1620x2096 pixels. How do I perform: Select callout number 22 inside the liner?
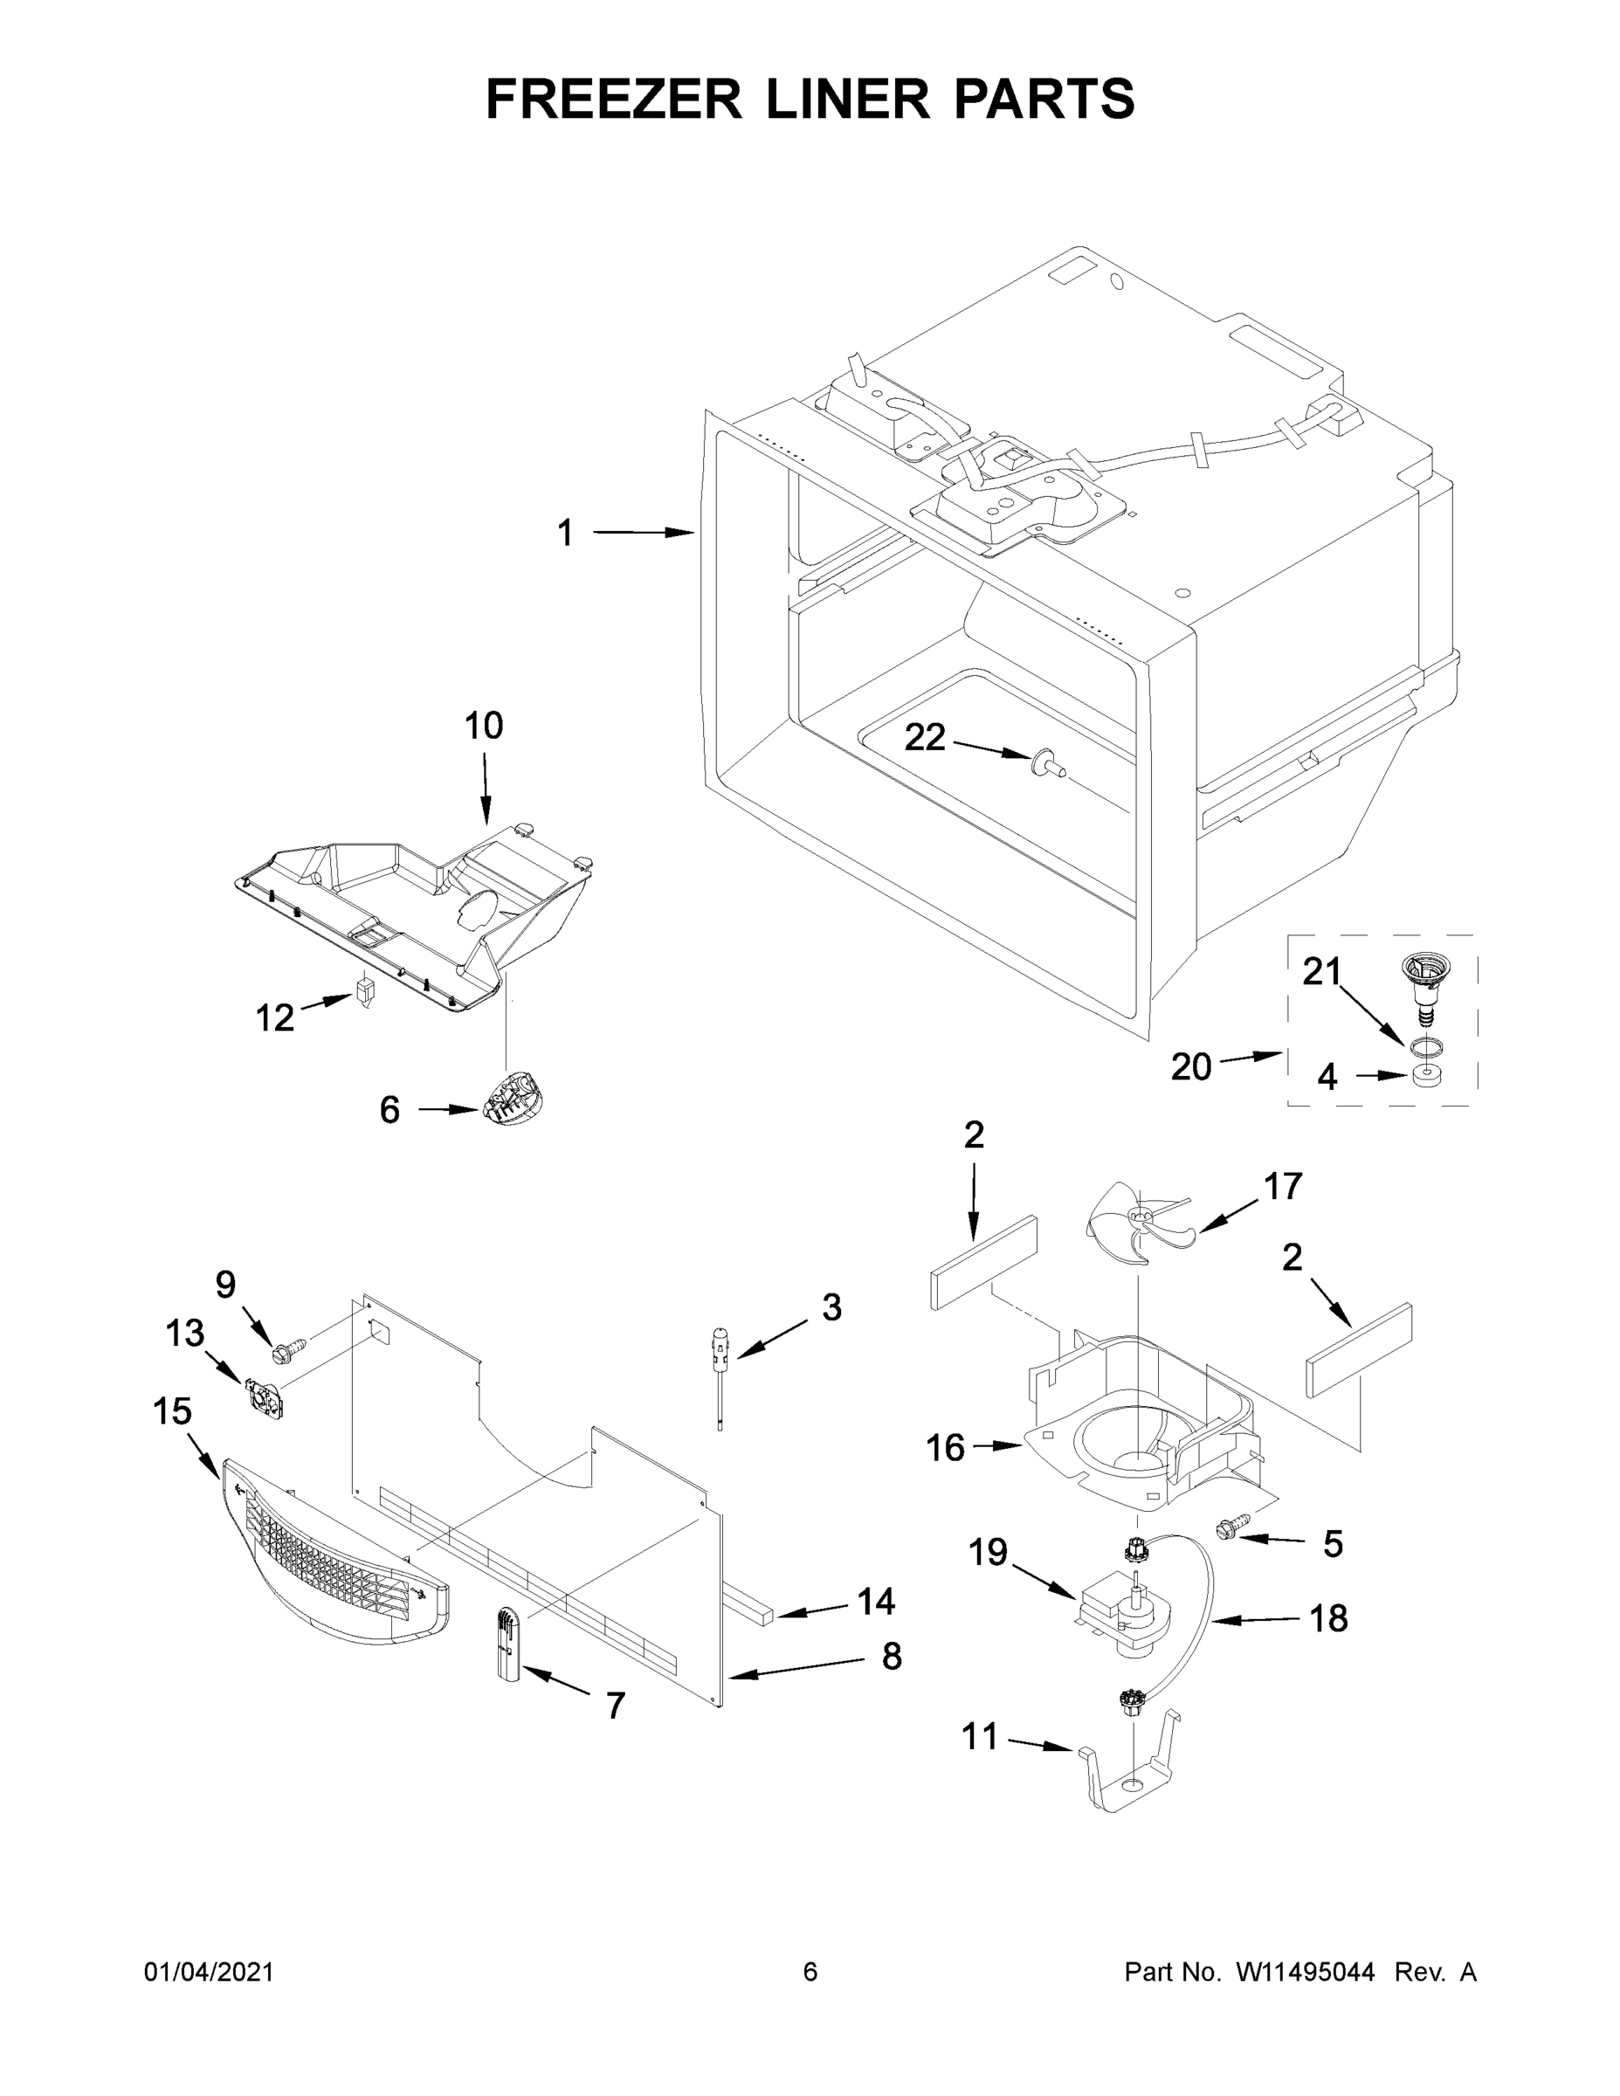click(x=925, y=737)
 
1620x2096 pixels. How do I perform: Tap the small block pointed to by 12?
click(x=363, y=991)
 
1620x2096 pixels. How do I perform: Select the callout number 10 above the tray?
click(x=484, y=727)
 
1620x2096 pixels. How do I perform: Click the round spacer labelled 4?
click(x=1425, y=1075)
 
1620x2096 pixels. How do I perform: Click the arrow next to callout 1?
click(x=643, y=532)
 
